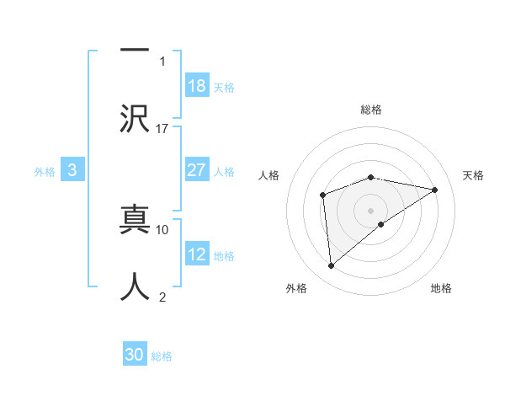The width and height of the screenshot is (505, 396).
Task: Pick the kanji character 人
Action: [135, 285]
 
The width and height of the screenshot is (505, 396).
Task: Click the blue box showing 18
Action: [196, 86]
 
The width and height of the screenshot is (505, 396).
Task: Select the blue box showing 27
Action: [196, 170]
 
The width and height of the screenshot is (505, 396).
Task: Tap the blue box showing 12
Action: [196, 254]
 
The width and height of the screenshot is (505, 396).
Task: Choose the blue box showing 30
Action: [135, 355]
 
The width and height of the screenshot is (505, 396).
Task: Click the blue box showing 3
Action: [72, 170]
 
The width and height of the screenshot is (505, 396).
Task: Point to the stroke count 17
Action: [162, 129]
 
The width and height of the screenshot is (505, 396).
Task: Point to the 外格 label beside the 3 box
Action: [45, 172]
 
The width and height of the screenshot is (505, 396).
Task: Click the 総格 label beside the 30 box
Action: [162, 356]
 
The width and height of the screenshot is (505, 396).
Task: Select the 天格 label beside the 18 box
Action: [224, 88]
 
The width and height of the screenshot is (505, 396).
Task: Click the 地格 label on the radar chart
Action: [441, 289]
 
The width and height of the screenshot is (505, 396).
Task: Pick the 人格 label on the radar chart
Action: [268, 175]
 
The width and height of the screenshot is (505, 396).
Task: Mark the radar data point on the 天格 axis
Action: [435, 190]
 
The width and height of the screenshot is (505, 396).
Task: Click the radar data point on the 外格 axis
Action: [332, 266]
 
